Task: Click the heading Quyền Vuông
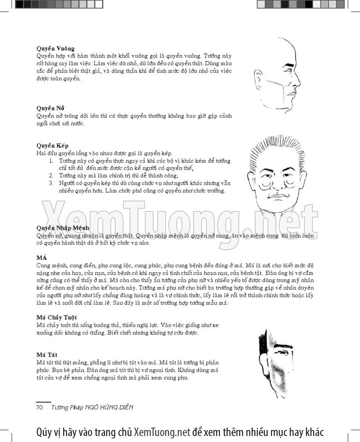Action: pyautogui.click(x=56, y=49)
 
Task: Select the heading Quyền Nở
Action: pyautogui.click(x=50, y=108)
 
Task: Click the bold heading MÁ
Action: pyautogui.click(x=42, y=258)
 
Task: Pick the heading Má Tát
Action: pyautogui.click(x=47, y=355)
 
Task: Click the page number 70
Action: pyautogui.click(x=40, y=407)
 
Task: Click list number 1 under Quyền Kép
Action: pyautogui.click(x=52, y=161)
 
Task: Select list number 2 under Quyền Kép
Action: pyautogui.click(x=52, y=175)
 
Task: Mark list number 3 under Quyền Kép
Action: pyautogui.click(x=52, y=183)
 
